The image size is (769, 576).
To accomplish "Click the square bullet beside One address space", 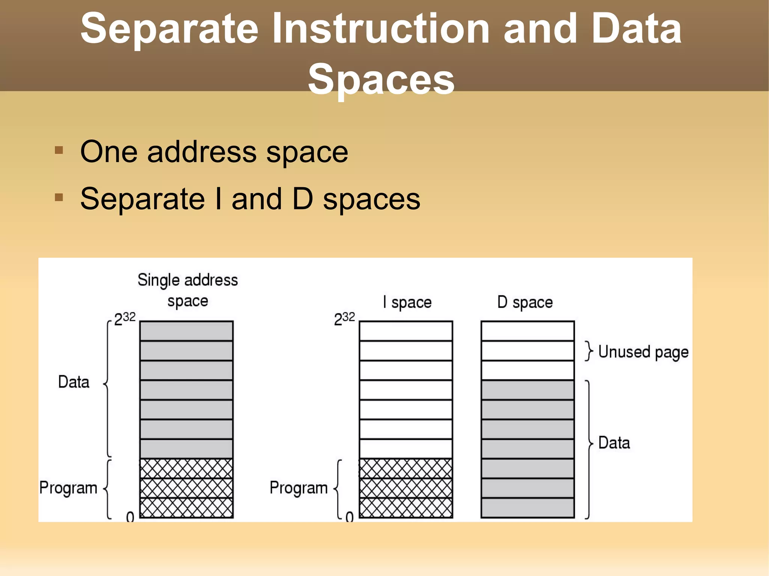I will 59,150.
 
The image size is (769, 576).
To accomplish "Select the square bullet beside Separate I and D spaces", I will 59,197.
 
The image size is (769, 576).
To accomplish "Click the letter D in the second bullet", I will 302,199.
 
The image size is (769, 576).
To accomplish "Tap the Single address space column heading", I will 187,290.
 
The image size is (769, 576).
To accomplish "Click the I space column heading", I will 407,302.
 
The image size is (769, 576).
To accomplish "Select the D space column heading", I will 525,302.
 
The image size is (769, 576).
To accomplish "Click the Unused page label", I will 643,352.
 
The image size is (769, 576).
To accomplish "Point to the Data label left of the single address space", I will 74,382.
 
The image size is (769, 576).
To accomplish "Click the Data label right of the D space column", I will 614,443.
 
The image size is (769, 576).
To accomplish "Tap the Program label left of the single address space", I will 68,488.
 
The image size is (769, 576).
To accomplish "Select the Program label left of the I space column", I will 299,488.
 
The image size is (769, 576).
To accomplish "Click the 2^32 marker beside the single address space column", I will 125,319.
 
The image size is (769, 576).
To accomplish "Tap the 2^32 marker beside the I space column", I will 344,319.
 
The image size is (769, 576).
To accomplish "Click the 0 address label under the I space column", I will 350,517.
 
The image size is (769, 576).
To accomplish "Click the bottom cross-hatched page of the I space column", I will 406,508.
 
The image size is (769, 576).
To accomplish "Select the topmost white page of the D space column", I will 528,331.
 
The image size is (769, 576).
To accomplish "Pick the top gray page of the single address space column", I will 186,331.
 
